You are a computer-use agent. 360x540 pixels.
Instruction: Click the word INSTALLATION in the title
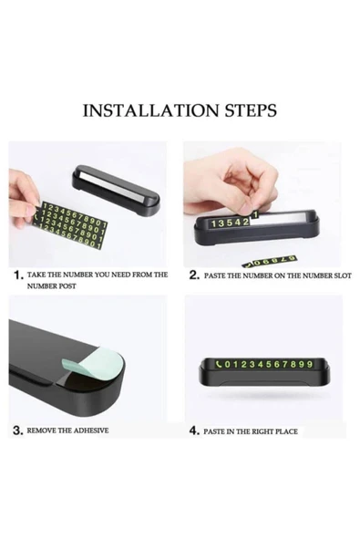point(150,110)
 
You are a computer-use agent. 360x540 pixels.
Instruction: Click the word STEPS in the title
point(251,110)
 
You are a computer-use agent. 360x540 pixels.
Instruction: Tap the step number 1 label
point(18,275)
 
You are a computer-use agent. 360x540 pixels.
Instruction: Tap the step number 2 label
point(194,275)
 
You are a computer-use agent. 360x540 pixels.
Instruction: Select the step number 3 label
point(18,431)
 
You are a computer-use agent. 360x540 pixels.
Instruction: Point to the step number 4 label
point(194,431)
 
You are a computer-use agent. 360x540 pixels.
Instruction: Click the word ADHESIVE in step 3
point(91,431)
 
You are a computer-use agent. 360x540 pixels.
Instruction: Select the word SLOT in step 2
point(343,275)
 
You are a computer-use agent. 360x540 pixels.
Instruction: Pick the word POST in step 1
point(67,286)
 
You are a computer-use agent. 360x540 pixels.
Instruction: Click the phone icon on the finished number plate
point(219,364)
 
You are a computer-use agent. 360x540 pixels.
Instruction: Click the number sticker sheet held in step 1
point(71,225)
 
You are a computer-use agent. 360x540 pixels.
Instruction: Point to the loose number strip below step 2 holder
point(269,262)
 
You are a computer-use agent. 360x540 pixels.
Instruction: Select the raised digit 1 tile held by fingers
point(255,215)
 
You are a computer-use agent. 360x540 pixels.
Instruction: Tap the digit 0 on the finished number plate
point(227,364)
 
